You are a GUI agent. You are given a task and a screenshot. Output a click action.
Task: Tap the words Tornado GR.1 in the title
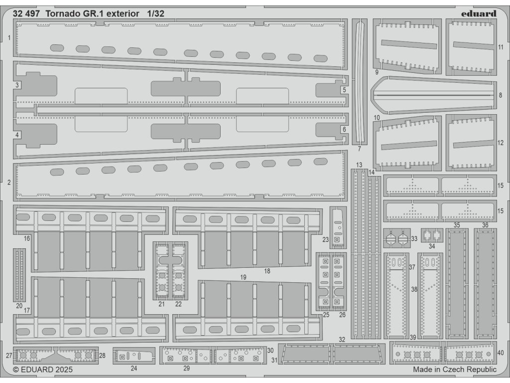tap(77, 13)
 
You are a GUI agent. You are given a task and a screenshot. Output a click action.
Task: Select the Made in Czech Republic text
tap(455, 370)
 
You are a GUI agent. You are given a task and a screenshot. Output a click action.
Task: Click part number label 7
tap(359, 149)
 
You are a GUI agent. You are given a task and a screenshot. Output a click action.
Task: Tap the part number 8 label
tap(500, 95)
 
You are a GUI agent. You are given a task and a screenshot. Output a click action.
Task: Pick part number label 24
tap(133, 369)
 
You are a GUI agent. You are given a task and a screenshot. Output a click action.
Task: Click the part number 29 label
tap(186, 369)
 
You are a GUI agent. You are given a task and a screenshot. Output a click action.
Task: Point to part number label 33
tap(414, 239)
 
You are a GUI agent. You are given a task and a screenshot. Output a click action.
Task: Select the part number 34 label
tap(431, 246)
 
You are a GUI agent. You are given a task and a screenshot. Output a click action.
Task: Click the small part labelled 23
tap(338, 227)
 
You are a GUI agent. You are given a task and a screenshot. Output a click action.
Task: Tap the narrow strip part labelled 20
tap(19, 274)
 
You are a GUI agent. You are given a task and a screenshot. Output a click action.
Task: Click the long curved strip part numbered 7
tap(360, 80)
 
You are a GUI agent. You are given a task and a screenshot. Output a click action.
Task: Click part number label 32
tap(342, 340)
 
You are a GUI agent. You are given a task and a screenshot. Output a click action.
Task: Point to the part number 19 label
tap(244, 276)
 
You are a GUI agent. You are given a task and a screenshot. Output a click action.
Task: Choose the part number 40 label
tap(501, 353)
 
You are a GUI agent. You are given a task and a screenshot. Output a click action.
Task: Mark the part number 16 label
tap(27, 238)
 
